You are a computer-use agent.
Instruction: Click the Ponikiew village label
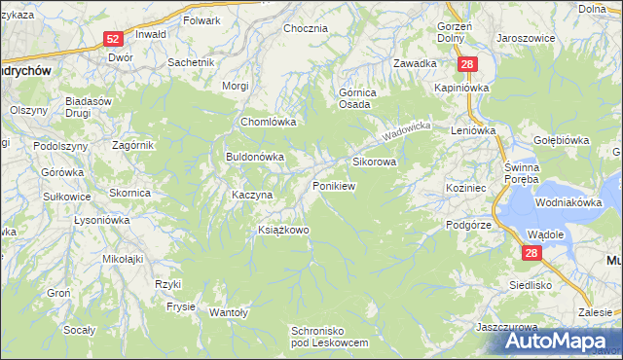coord(333,185)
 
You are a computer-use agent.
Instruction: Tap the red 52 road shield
coord(114,39)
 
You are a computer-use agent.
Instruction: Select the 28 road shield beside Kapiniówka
coord(469,64)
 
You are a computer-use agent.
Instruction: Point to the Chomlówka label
coord(269,123)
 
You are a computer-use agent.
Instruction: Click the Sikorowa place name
coord(374,162)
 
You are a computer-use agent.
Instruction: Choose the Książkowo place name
coord(283,230)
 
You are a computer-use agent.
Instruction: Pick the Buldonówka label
coord(255,156)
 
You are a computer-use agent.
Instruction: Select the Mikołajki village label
coord(123,259)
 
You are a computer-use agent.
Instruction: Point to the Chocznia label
coord(306,29)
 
